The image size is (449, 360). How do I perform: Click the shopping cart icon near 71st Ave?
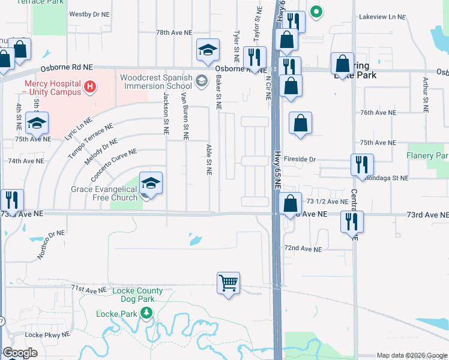pos(229,283)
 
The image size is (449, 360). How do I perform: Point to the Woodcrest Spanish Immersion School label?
pos(156,82)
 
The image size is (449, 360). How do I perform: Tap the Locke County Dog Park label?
pos(137,295)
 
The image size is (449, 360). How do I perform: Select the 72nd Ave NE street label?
pos(303,248)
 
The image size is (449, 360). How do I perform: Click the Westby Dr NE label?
pos(90,13)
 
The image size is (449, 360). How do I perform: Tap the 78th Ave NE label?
pos(174,32)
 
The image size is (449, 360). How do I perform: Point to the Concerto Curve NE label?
pos(113,166)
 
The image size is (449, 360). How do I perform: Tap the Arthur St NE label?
pos(426,95)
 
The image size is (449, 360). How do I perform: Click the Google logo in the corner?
pos(20,353)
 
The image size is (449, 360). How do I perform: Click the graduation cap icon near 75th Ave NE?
pos(37,124)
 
